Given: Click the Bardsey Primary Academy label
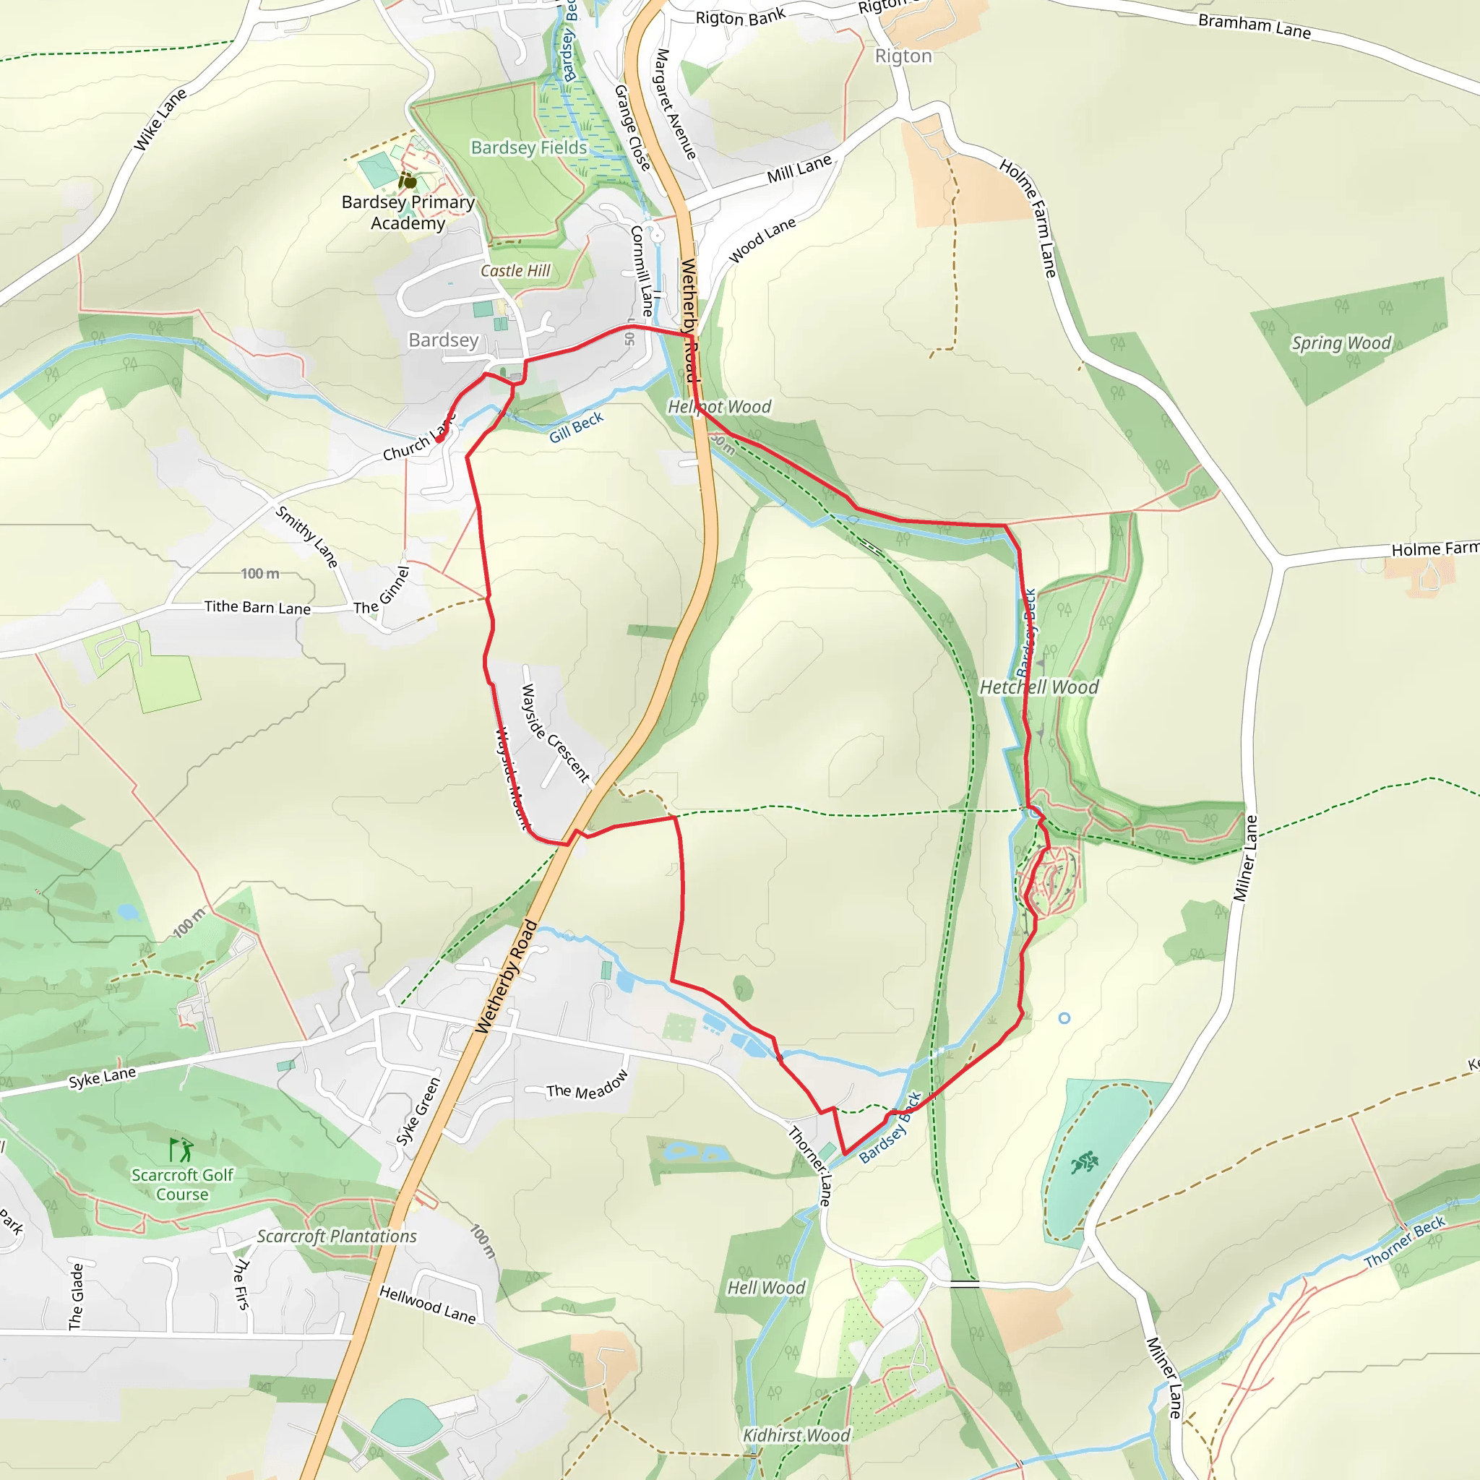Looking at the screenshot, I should [x=408, y=212].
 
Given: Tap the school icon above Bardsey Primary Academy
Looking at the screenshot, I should [x=408, y=181].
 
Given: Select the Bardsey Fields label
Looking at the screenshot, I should [x=528, y=147].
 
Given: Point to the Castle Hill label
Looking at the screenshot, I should [x=515, y=270].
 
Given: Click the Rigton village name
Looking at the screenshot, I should [x=903, y=56].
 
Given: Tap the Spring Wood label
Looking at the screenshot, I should [x=1341, y=343].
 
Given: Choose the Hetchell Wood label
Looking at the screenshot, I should [x=1038, y=687].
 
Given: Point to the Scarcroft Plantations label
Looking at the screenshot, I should [x=336, y=1236].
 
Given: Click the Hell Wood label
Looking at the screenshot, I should [x=766, y=1288].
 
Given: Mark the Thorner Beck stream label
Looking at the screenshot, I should [x=1404, y=1242].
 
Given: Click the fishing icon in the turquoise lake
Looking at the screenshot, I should [x=1085, y=1163].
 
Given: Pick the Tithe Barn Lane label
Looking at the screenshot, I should [x=257, y=608].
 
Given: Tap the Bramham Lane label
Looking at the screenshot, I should [x=1254, y=26].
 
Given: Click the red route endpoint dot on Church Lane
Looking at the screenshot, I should [x=439, y=439].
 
